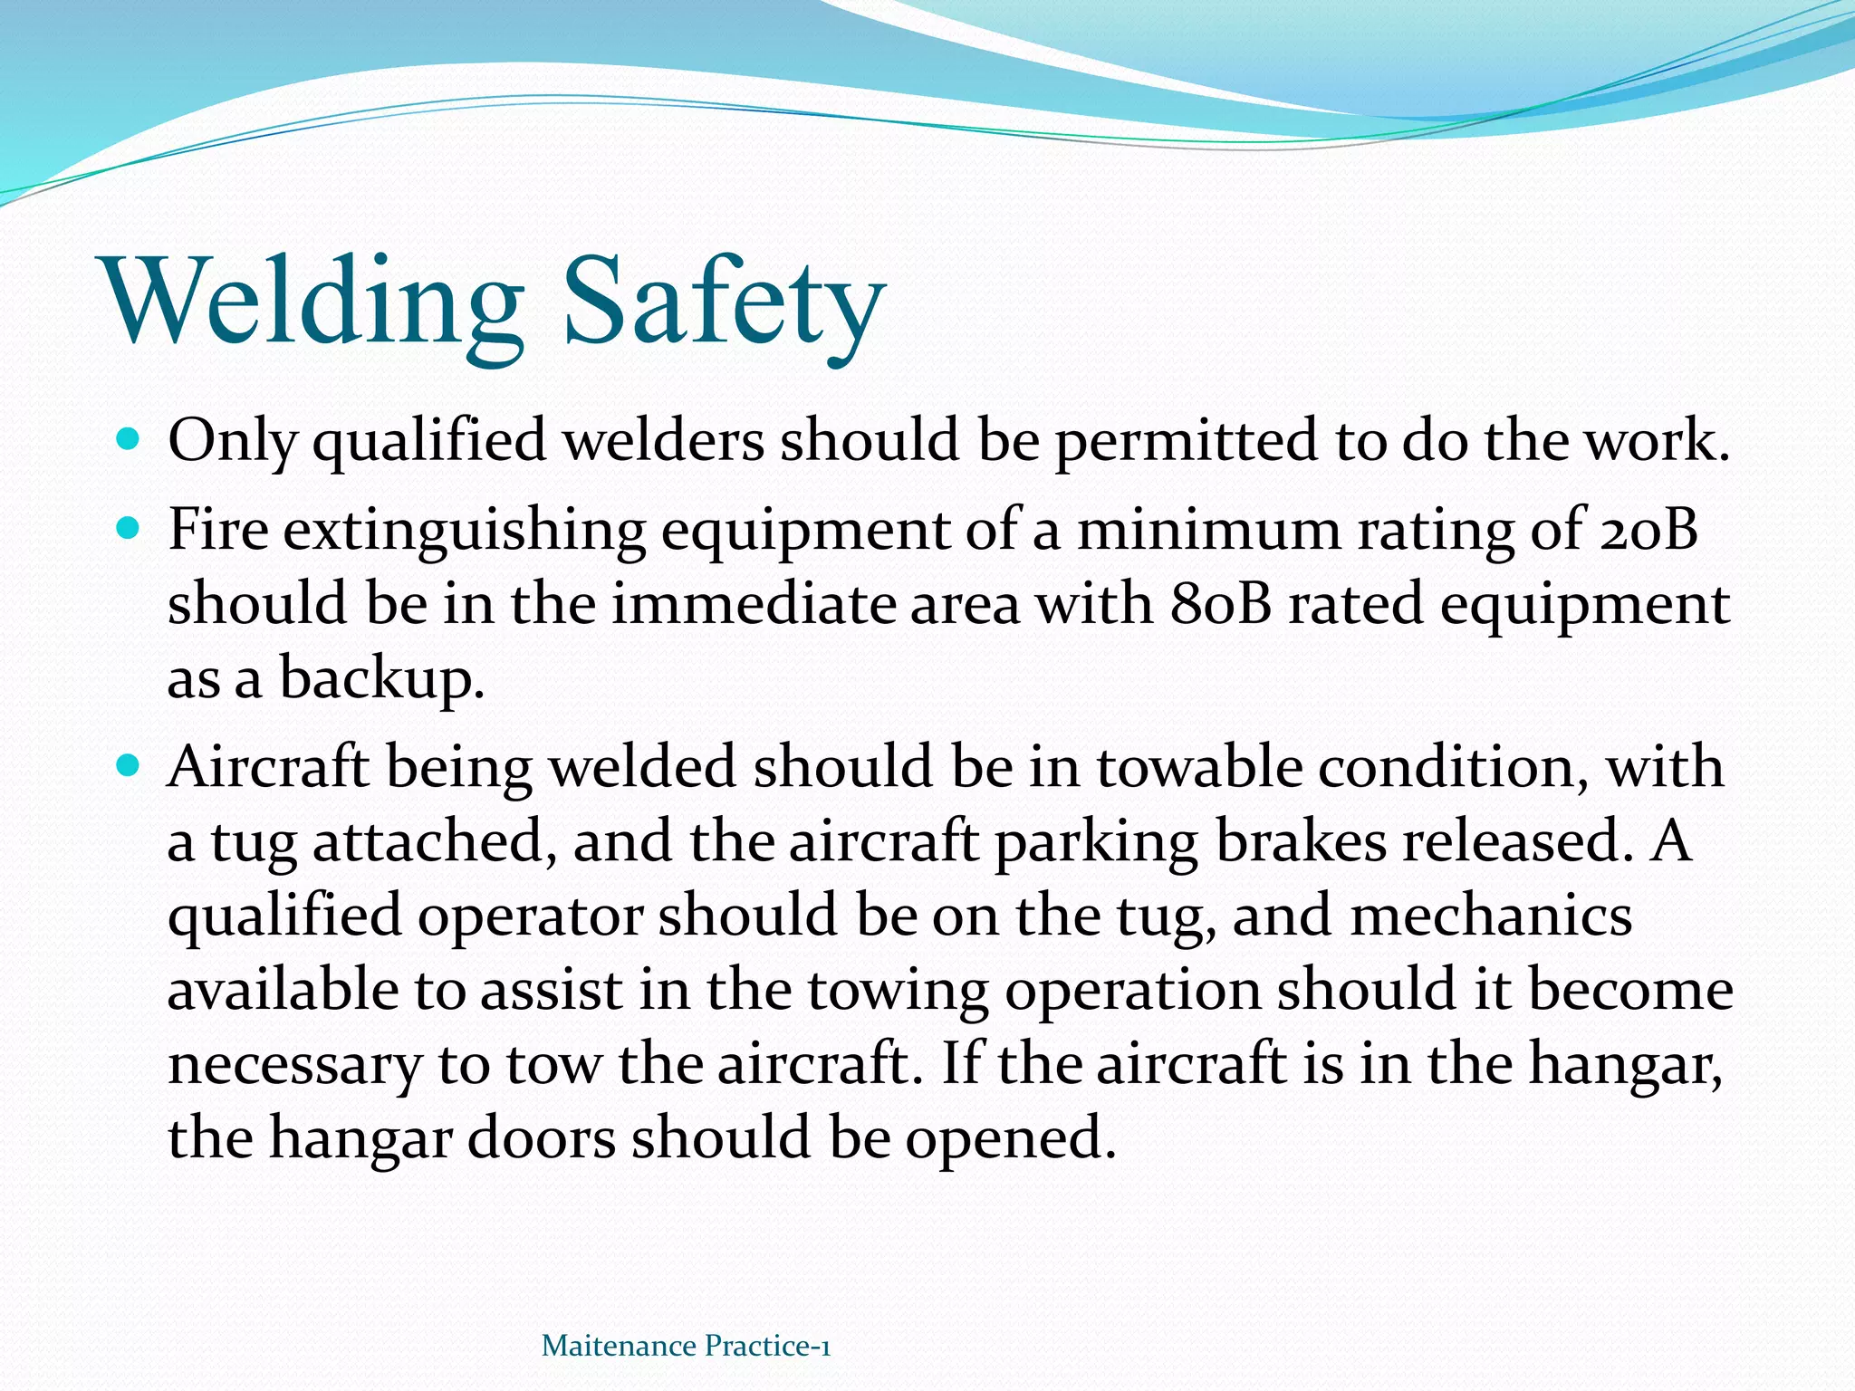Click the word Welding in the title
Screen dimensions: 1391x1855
click(313, 301)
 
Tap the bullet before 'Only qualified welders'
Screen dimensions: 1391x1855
click(130, 441)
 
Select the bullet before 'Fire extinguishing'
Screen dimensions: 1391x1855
click(130, 529)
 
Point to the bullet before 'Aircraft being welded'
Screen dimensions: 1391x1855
click(130, 766)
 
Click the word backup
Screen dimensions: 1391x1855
click(380, 679)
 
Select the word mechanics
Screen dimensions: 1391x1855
click(1491, 916)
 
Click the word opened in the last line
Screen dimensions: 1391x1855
click(1009, 1139)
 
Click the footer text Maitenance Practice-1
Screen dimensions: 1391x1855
click(686, 1346)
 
